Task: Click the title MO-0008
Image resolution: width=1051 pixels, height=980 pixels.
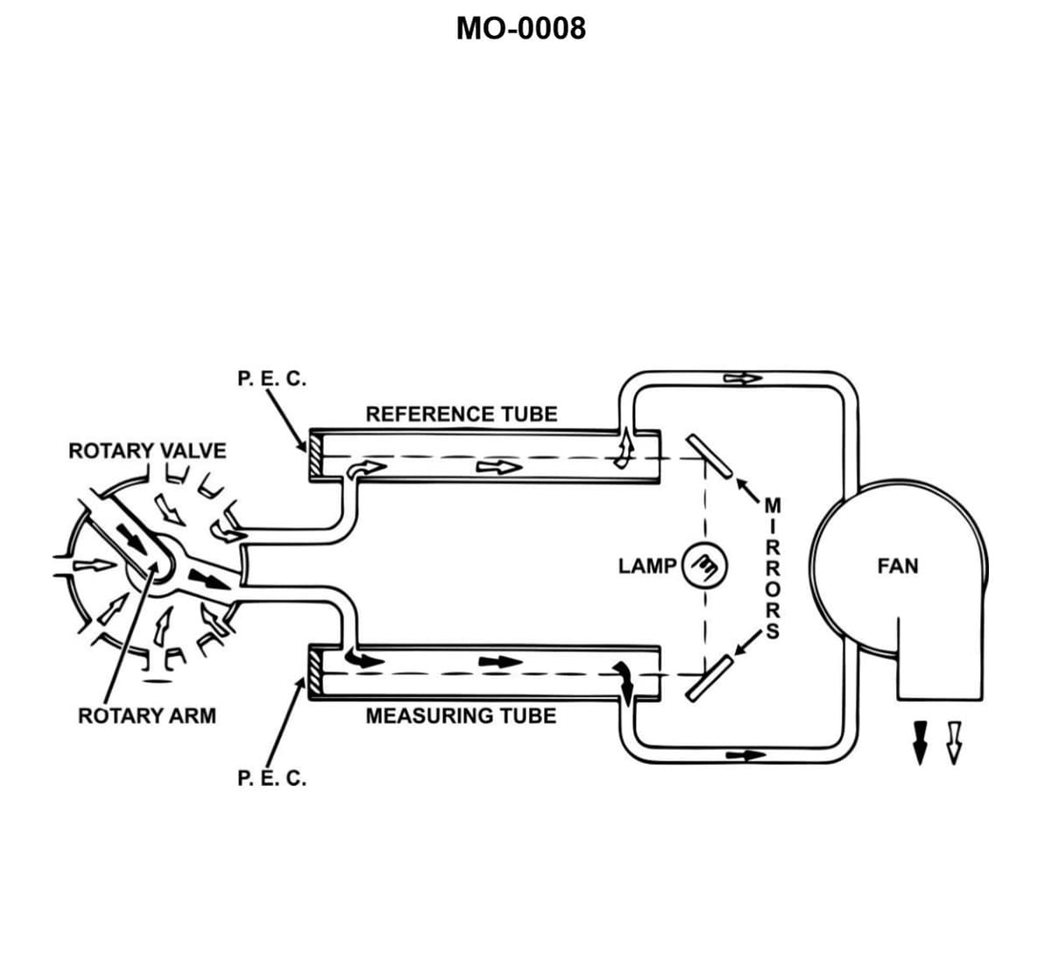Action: point(521,29)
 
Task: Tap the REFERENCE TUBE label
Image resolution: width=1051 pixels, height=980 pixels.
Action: point(461,413)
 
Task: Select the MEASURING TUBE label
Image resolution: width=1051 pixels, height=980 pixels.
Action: point(461,716)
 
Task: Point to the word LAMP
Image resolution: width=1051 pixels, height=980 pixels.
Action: point(646,566)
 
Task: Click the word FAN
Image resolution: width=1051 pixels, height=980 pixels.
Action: point(898,566)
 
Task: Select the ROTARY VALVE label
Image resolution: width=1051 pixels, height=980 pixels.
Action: point(147,450)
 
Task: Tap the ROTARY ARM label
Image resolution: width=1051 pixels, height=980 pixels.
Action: point(147,716)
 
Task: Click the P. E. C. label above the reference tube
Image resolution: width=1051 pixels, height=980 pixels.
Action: point(272,379)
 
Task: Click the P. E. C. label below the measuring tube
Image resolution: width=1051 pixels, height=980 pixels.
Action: point(272,778)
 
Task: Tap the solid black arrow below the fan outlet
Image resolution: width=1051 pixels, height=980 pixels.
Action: point(920,740)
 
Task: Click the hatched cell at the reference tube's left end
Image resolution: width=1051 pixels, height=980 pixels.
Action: point(315,456)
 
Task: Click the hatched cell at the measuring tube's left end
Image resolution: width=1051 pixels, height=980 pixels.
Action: point(315,673)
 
